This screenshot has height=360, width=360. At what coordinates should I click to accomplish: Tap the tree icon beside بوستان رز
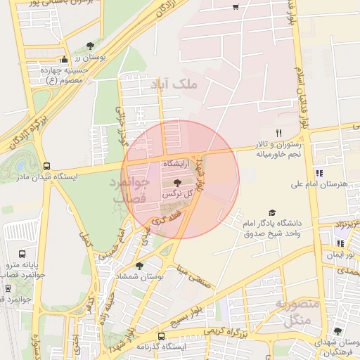[89, 46]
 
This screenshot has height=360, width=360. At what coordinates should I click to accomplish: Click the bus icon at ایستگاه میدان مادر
[47, 167]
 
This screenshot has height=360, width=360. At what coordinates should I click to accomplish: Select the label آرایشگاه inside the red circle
[177, 162]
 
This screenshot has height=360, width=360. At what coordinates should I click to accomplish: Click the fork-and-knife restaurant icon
[278, 133]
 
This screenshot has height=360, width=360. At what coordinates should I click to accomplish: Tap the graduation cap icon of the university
[272, 213]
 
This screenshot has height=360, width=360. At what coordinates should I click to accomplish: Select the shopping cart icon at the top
[236, 8]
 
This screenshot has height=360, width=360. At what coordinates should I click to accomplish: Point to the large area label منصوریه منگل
[299, 314]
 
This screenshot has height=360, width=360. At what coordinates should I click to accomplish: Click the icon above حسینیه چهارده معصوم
[64, 60]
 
